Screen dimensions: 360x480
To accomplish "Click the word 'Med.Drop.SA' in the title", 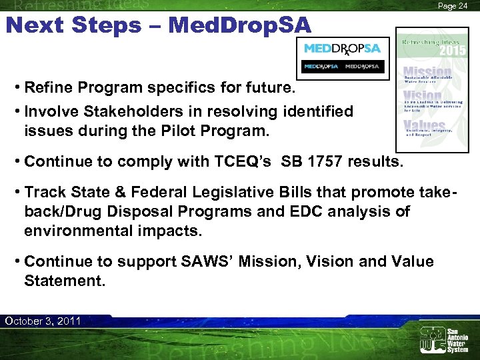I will pyautogui.click(x=240, y=25).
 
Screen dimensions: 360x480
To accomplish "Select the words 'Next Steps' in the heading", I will pyautogui.click(x=73, y=25).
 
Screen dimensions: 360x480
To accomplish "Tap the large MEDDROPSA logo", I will pyautogui.click(x=342, y=49).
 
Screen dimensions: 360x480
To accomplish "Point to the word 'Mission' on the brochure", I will pyautogui.click(x=427, y=71).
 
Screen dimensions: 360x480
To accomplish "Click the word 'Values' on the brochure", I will pyautogui.click(x=424, y=125).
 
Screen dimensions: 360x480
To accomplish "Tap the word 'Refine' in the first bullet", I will pyautogui.click(x=48, y=88).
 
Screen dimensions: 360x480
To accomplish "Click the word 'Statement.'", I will pyautogui.click(x=65, y=281).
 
